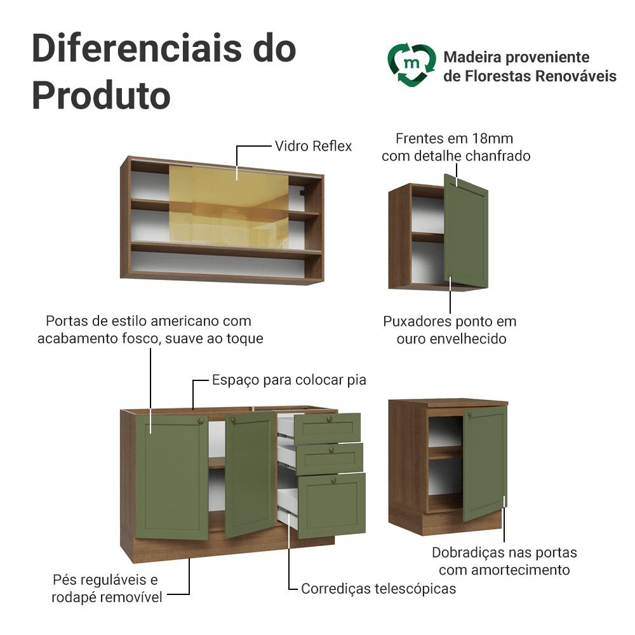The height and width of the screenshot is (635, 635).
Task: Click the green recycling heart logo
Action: pos(411,65)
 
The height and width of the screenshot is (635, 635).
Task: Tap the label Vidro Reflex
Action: pos(313,146)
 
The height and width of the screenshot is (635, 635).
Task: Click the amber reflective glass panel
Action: pos(229,207)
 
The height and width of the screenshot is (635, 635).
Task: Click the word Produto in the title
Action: pos(101,96)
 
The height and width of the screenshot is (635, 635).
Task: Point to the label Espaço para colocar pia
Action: pos(289,380)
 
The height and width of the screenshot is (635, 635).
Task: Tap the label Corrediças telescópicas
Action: pos(378,589)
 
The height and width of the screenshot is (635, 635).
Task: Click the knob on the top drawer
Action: pos(329,419)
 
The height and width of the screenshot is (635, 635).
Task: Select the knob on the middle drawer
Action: pos(331,450)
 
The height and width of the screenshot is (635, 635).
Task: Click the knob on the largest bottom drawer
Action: pos(334,480)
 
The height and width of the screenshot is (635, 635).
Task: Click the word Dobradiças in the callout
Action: pos(467,553)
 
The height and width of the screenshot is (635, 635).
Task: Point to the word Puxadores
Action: pos(417,321)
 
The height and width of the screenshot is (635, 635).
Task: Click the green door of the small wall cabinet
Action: pos(466,231)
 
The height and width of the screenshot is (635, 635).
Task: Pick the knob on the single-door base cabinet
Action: pos(470,415)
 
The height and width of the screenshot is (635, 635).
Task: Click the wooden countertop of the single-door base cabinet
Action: pos(448,403)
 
